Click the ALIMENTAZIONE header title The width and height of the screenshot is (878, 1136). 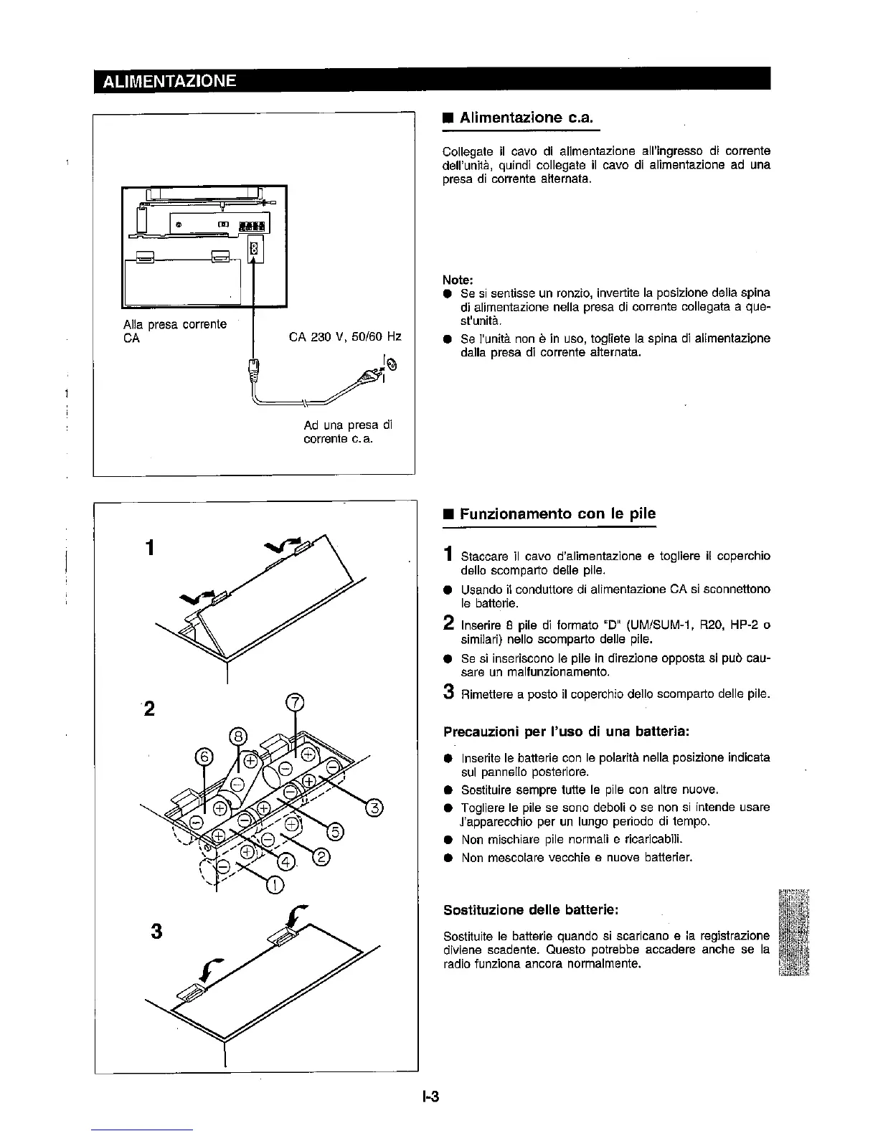169,80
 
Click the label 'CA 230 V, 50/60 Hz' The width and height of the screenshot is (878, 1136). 345,337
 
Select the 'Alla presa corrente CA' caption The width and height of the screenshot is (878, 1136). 175,331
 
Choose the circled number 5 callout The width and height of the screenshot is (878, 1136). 335,832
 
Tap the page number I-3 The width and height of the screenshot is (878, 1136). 430,1095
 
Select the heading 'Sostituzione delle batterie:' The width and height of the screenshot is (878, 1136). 531,909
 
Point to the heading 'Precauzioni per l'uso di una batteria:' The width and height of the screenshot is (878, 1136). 567,732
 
